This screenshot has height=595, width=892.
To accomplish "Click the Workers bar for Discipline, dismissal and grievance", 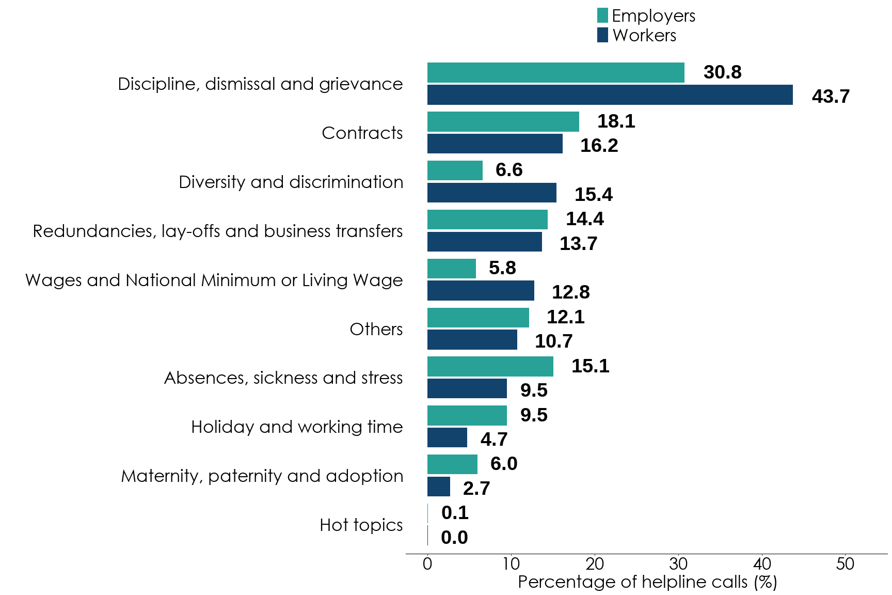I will [610, 95].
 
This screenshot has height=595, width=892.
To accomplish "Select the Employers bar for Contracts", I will [503, 121].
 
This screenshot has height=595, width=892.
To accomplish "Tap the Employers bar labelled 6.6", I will [455, 170].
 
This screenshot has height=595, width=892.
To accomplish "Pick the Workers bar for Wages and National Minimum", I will [481, 291].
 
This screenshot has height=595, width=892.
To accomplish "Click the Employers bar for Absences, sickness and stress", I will [490, 366].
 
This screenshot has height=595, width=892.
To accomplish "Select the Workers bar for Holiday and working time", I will [447, 437].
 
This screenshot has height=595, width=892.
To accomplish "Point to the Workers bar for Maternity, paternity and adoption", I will [439, 487].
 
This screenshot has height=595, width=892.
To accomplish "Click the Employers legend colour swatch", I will [602, 15].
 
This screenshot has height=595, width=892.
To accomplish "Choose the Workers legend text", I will [644, 36].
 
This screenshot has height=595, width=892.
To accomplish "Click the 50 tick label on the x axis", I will [846, 563].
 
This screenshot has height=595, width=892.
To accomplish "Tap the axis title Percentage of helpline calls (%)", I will [647, 582].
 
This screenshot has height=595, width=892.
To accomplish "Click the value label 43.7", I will [831, 96].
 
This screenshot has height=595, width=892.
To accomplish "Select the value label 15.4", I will [594, 194].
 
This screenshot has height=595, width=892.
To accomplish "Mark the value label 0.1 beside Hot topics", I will [455, 513].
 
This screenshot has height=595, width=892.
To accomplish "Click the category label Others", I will [376, 329].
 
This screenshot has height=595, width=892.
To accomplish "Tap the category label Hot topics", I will [361, 525].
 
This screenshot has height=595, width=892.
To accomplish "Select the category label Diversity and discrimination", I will [291, 182].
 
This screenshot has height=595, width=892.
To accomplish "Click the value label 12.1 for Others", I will [566, 317].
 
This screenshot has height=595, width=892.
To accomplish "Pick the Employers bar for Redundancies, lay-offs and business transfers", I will [487, 220].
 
